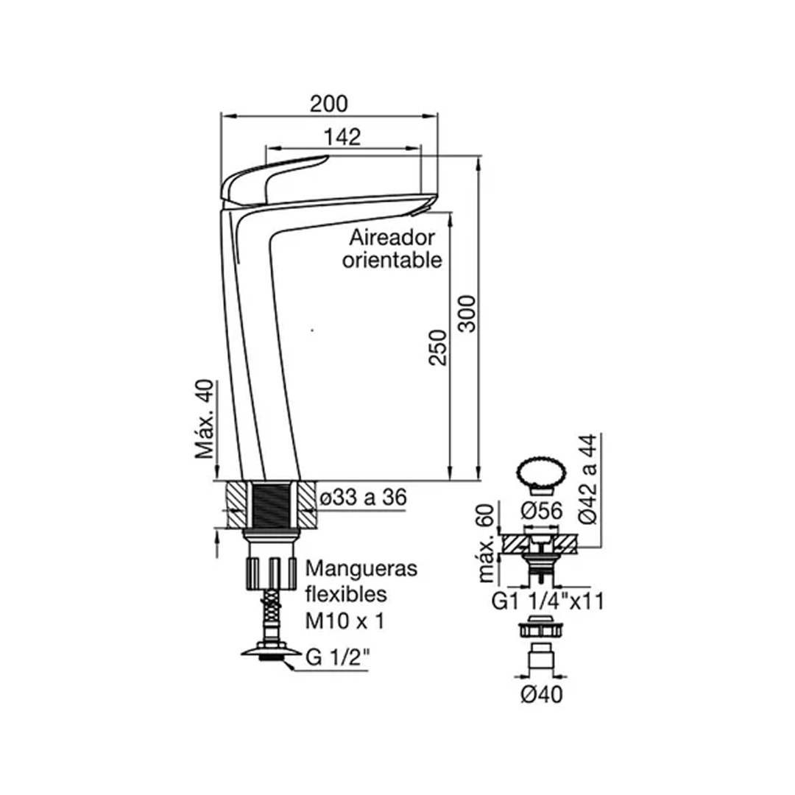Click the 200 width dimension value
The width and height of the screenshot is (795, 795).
tap(329, 104)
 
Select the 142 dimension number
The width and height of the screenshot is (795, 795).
tap(342, 137)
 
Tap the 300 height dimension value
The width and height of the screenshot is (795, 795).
tap(467, 314)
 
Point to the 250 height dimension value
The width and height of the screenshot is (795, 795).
tap(438, 347)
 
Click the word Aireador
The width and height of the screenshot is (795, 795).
tap(392, 237)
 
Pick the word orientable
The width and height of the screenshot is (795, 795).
tap(392, 260)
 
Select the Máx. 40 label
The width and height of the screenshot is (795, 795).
tap(205, 420)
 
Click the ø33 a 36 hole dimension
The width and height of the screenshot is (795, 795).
tap(364, 498)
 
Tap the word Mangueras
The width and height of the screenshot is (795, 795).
tap(361, 568)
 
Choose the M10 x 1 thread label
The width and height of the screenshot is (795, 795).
tap(344, 621)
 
